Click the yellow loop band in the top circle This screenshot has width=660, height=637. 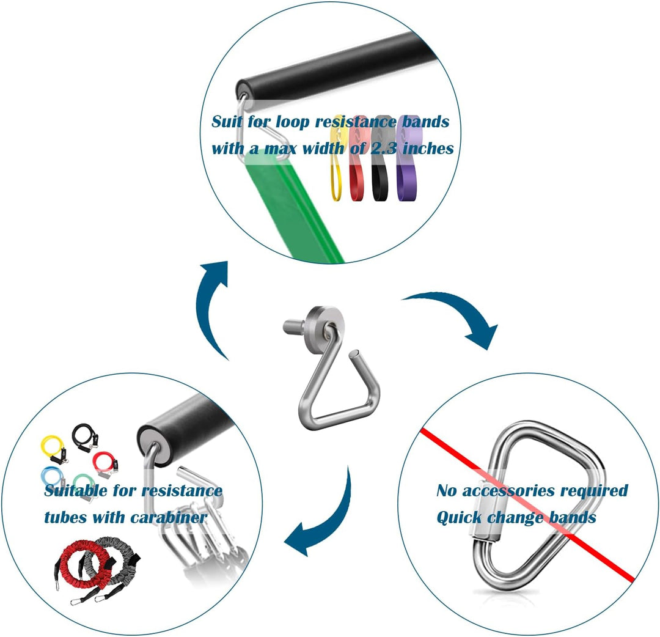tap(335, 177)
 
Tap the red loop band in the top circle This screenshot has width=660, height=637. tap(358, 177)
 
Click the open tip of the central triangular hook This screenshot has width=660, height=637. tap(355, 355)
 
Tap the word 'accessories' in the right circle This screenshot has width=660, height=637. tap(508, 491)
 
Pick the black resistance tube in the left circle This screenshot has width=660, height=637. tap(86, 438)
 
